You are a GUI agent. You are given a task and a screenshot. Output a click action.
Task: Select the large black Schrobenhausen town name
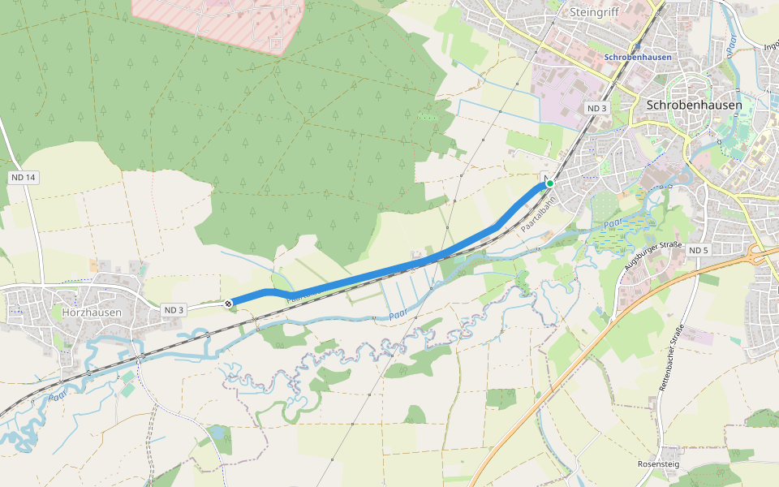tap(694, 105)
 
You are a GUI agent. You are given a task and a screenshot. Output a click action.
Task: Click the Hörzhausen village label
tap(92, 312)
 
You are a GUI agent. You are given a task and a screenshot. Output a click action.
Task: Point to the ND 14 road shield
tap(24, 177)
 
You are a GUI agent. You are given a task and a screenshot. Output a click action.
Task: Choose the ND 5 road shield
tap(698, 251)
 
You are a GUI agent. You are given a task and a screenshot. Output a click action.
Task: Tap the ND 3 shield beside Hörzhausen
tap(174, 310)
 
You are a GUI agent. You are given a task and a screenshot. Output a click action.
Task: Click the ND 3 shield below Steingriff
tap(596, 108)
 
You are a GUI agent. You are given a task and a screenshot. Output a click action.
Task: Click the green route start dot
tap(550, 183)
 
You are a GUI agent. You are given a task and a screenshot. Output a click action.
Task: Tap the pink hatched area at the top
tap(219, 20)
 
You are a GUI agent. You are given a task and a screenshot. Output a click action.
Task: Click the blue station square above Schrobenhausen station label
tap(639, 46)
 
